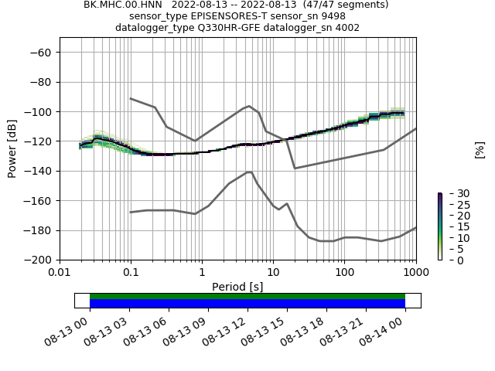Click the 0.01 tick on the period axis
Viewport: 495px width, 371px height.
tap(60, 273)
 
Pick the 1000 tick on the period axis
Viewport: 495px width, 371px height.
tap(415, 273)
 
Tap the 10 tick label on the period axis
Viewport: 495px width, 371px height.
tap(273, 273)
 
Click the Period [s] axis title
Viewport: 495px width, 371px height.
tap(237, 287)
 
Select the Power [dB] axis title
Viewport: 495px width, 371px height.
tap(12, 148)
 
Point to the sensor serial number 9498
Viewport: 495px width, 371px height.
tap(333, 16)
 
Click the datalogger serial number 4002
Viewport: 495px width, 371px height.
tap(346, 28)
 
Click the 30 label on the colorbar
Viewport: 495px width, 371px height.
tap(455, 193)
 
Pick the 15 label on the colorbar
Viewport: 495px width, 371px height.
tap(455, 227)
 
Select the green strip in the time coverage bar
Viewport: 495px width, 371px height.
tap(247, 296)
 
